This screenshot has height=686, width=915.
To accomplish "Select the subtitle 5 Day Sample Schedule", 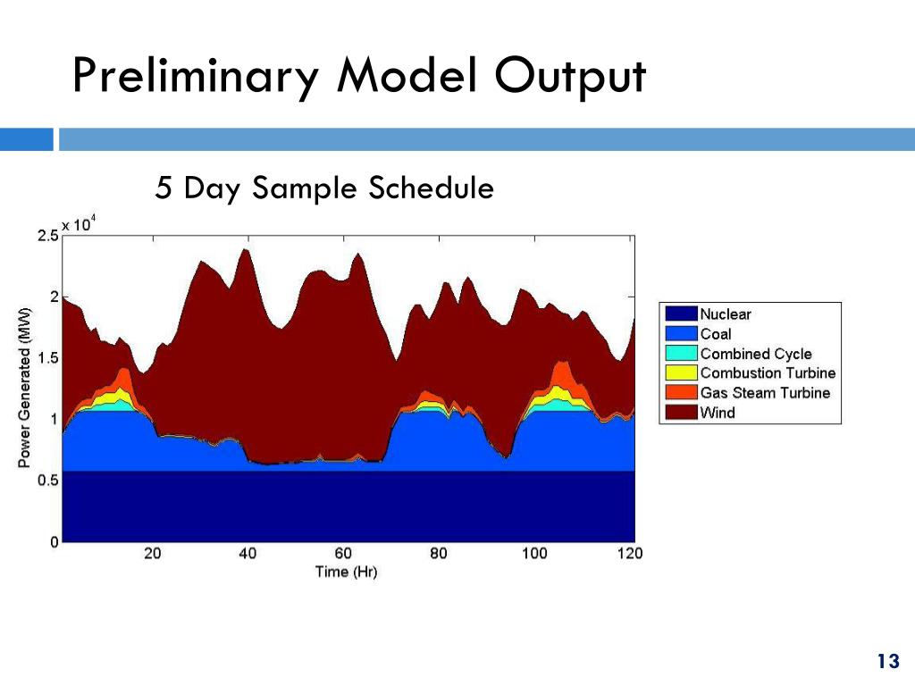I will point(324,188).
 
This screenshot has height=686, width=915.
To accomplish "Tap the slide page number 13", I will point(887,661).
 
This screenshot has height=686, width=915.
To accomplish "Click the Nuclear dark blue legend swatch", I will point(679,314).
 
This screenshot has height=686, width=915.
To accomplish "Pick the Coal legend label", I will point(715,334).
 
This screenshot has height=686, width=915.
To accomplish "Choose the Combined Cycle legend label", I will point(755,354).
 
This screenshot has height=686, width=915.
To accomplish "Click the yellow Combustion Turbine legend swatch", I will point(679,373).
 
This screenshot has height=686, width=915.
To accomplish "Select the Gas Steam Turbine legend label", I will point(765,393).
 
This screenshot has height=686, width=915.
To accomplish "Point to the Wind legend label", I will point(718,413).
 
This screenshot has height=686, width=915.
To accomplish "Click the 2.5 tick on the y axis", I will point(47,235).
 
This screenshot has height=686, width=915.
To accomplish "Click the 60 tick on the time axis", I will point(343,554).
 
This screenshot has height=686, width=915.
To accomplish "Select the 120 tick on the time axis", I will point(630,554).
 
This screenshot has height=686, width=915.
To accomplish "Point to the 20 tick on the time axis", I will point(152,554).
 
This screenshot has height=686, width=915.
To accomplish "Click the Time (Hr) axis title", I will point(347,572).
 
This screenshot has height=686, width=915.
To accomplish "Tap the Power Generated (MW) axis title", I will point(24,388).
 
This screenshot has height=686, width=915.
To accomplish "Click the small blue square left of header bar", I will point(26,139).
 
